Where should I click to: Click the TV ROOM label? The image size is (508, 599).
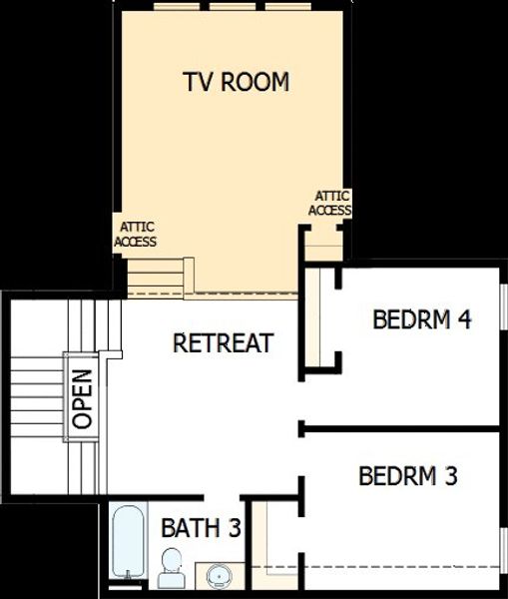(x=237, y=82)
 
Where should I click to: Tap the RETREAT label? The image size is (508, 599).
(x=223, y=343)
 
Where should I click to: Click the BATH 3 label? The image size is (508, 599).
(x=202, y=527)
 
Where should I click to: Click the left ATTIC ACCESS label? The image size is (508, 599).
(x=135, y=235)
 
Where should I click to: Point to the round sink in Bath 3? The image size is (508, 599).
(x=220, y=576)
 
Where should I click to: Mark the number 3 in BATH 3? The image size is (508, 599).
(x=235, y=527)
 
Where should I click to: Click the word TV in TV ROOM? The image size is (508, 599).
(x=197, y=82)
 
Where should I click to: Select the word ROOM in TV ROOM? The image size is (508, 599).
(x=255, y=82)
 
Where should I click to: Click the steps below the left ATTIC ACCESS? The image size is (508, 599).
(x=160, y=275)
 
